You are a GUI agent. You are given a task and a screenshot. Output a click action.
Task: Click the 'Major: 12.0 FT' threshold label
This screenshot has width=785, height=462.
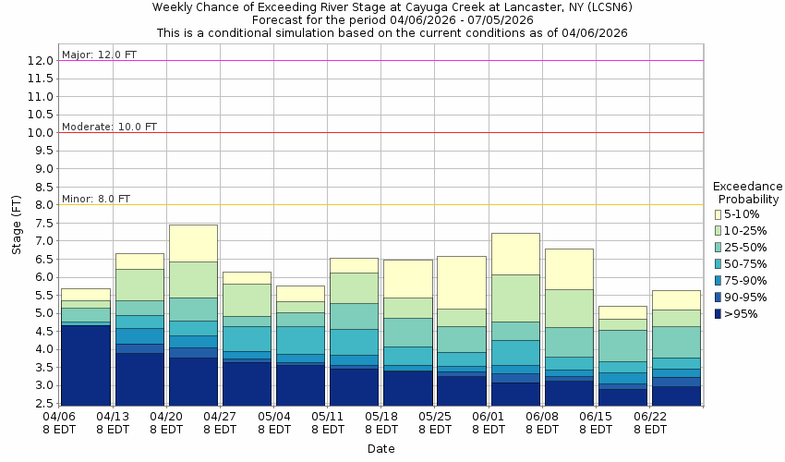(x=99, y=55)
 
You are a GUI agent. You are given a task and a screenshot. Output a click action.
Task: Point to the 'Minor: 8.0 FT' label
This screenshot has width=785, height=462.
(x=96, y=199)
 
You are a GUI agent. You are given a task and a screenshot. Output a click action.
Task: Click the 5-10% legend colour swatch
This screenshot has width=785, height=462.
(x=718, y=214)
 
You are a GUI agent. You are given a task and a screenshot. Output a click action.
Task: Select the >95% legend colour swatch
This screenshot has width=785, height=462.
(x=718, y=314)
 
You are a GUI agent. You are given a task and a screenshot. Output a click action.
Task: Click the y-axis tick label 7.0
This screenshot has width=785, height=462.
(x=42, y=241)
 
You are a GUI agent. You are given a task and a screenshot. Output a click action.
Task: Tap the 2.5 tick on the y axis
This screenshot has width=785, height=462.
(x=42, y=404)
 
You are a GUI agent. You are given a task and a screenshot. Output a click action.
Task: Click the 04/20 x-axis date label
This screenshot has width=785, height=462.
(x=167, y=417)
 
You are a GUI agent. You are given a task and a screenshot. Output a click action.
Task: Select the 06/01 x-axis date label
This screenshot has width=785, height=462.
(x=489, y=417)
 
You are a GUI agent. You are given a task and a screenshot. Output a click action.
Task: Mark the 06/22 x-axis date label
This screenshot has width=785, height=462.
(x=650, y=417)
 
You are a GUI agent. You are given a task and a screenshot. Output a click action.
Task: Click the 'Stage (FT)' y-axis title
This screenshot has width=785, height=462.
(x=16, y=231)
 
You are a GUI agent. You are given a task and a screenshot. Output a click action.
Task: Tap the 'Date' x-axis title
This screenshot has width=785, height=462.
(x=380, y=449)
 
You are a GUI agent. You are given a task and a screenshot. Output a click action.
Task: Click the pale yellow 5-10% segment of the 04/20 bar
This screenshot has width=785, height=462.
(x=193, y=243)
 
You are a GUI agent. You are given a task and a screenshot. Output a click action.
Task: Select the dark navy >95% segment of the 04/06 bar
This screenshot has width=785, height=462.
(x=86, y=365)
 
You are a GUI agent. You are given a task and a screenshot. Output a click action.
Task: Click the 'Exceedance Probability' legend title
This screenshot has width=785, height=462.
(x=747, y=192)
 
